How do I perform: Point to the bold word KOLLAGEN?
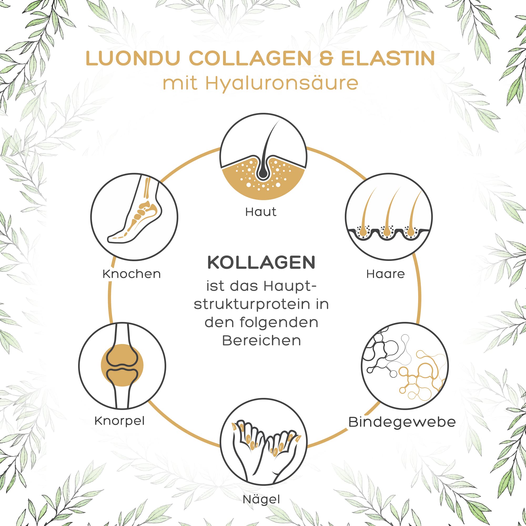[x=261, y=262]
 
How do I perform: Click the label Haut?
[x=261, y=212]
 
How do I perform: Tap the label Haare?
[x=386, y=274]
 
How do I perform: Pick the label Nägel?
[x=261, y=500]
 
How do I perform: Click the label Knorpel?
[x=119, y=421]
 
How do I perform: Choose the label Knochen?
[x=132, y=274]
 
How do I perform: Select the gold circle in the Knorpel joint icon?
[x=122, y=365]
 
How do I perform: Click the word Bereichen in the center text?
[x=261, y=341]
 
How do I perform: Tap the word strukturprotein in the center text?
[x=252, y=305]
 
